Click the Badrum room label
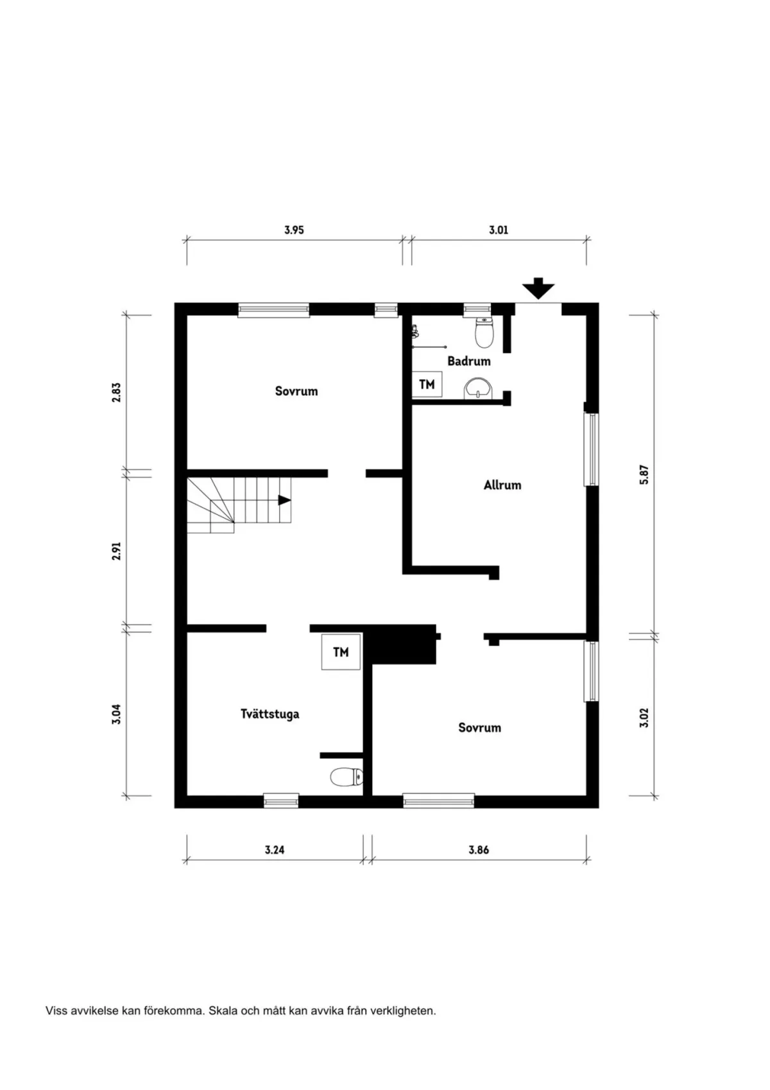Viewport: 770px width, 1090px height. pos(468,361)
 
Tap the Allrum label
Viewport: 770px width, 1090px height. pos(502,485)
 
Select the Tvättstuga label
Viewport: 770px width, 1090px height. pos(269,714)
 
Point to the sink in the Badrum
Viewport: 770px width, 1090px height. pos(478,388)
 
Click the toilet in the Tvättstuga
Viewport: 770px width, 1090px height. pos(346,777)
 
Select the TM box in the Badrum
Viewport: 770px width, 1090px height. pos(427,385)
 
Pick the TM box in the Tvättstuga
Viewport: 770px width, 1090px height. pos(341,652)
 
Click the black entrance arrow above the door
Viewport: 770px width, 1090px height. pos(538,288)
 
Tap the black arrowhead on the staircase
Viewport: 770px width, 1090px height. pos(284,500)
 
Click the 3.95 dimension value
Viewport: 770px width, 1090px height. pos(294,230)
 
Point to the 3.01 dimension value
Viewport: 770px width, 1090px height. pos(499,230)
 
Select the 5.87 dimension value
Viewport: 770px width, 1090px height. pos(644,474)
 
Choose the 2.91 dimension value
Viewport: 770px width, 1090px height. pos(116,551)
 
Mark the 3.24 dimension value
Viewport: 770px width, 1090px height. pos(274,850)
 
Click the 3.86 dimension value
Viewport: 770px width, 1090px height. pos(479,850)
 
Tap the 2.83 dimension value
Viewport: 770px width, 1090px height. pos(116,392)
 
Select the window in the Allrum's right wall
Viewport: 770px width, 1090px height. pos(591,449)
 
